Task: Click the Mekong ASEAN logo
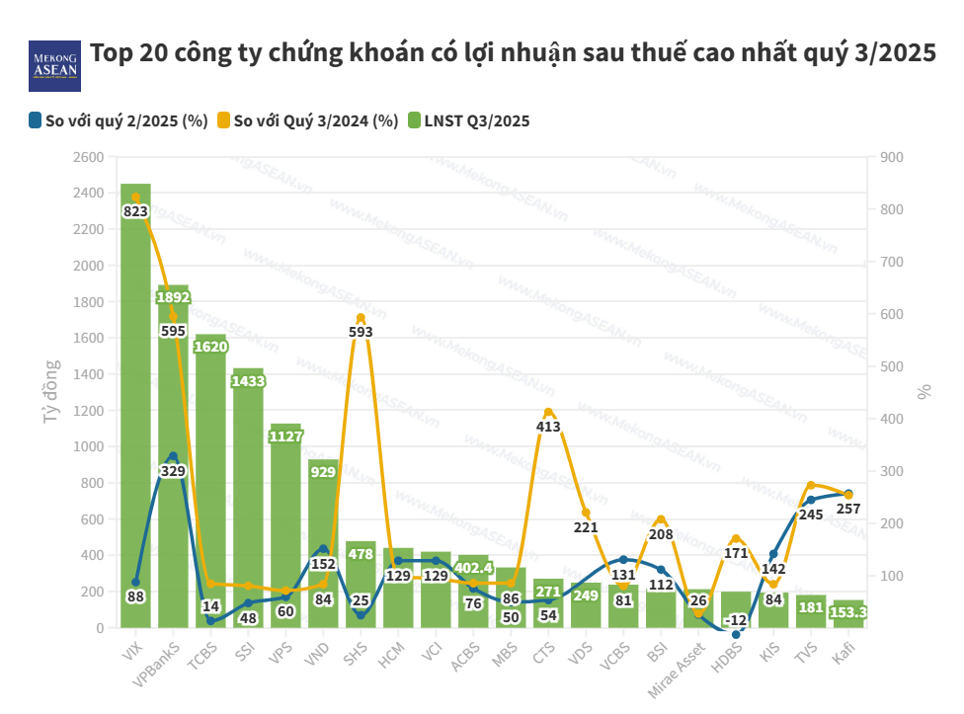pos(54,66)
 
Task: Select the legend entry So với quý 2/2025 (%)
pos(119,121)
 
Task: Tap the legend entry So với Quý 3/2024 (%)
pos(307,121)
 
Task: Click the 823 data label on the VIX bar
pos(135,211)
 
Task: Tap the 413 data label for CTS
pos(548,427)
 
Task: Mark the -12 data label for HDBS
pos(736,620)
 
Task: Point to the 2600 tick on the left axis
pos(88,157)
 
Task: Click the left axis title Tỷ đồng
pos(51,392)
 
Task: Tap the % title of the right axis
pos(924,392)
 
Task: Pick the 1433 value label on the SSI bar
pos(248,381)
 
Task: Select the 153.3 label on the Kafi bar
pos(848,612)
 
